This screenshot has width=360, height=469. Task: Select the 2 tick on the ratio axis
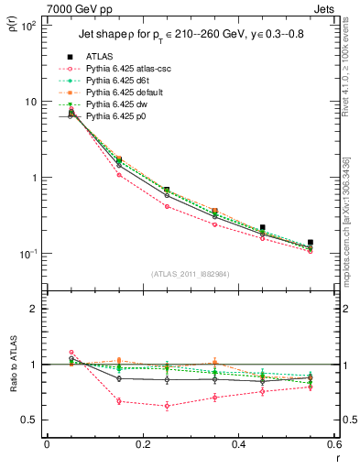pos(37,309)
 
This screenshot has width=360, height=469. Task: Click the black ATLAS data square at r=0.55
pos(311,243)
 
